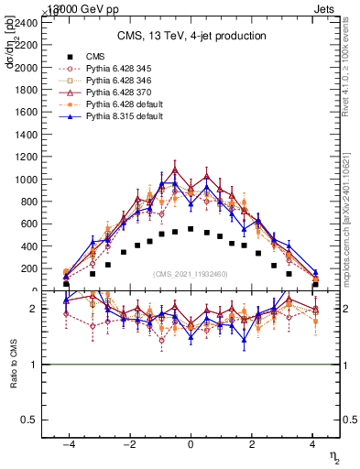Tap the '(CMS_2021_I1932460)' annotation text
click(191, 275)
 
